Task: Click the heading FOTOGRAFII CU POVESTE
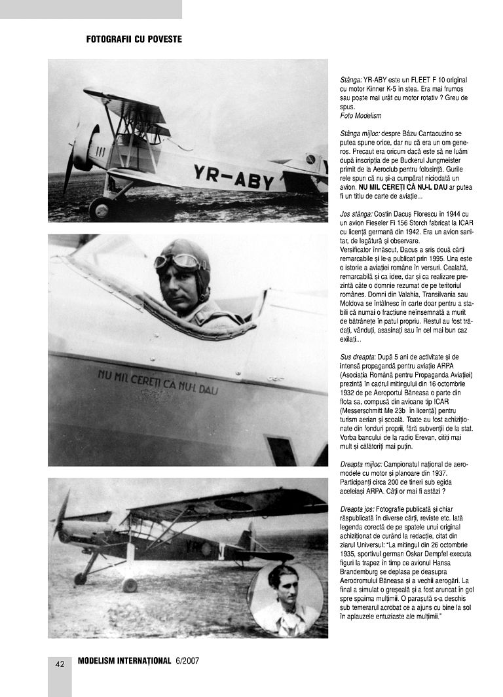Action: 134,39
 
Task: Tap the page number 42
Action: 60,664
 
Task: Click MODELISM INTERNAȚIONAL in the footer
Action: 124,660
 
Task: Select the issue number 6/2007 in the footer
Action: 187,660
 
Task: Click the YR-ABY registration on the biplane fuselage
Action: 233,177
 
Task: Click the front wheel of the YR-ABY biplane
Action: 100,208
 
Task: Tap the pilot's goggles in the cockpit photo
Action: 177,262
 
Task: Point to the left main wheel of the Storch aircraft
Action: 80,578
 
